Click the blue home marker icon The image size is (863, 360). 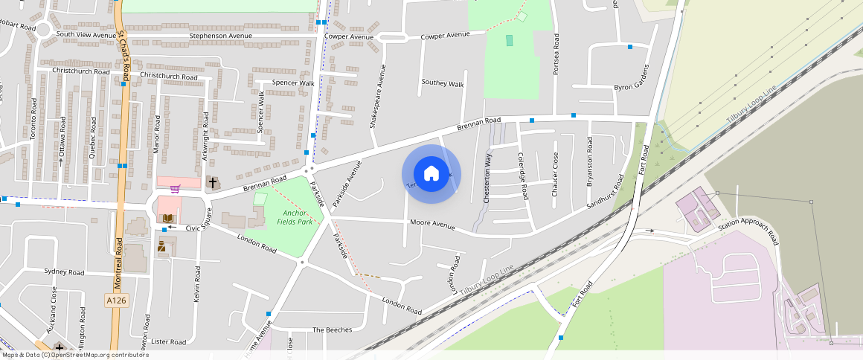(x=431, y=174)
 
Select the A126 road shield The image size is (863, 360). (x=114, y=299)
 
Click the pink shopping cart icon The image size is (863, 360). (x=176, y=189)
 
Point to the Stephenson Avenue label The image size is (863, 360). (x=221, y=35)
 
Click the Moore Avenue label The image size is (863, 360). (x=432, y=224)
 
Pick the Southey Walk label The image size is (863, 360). (x=442, y=83)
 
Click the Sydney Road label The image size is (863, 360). (x=64, y=272)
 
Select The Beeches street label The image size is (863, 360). (x=332, y=330)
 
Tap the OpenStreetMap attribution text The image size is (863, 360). (x=75, y=355)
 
